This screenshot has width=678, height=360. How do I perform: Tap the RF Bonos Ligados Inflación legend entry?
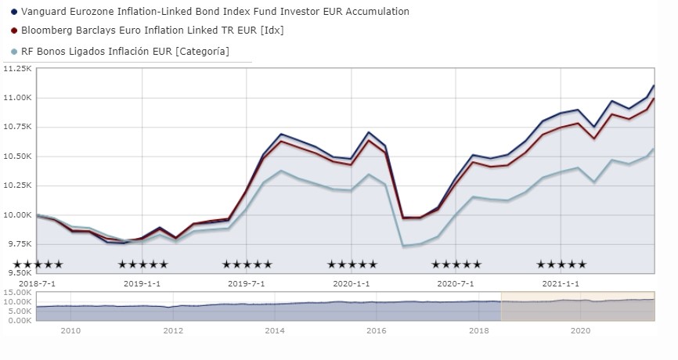pos(125,51)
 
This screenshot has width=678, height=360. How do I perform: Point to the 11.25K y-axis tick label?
pos(16,69)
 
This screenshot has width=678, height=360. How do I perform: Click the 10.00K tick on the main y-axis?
pos(16,215)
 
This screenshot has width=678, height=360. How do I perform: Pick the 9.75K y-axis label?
pos(16,244)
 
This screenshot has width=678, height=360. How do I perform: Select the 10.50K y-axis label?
pos(16,157)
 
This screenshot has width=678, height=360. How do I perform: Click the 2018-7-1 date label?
pos(37,283)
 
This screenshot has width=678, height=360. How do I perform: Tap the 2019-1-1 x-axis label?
pos(142,283)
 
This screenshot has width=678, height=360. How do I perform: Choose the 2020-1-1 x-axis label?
pos(352,283)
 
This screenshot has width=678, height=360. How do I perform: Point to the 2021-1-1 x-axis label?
pos(561,283)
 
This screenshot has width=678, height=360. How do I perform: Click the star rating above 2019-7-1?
pos(247,265)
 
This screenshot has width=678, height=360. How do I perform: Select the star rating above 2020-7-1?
pos(456,265)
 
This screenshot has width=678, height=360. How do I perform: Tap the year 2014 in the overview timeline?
pos(275,331)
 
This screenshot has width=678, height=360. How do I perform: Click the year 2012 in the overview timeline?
pos(173,331)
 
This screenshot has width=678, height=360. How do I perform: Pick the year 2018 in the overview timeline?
pos(478,331)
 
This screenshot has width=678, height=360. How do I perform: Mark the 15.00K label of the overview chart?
pos(16,293)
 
